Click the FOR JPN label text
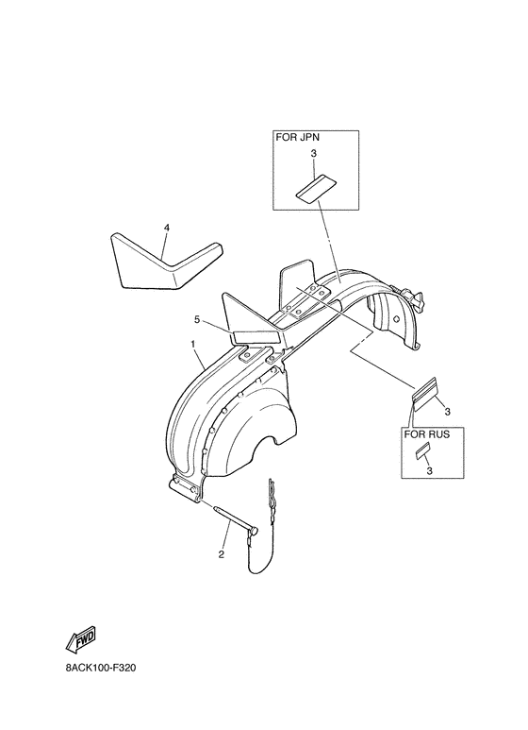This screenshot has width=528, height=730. click(x=298, y=137)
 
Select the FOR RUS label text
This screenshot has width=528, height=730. click(x=427, y=434)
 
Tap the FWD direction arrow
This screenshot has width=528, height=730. click(x=81, y=638)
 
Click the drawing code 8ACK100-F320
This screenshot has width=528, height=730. click(x=100, y=668)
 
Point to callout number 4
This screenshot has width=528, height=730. click(x=166, y=228)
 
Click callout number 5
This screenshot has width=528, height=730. click(x=197, y=319)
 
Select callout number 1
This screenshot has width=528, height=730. click(x=192, y=343)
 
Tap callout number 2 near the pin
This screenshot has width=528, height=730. click(x=222, y=554)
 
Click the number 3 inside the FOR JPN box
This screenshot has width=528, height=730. click(x=313, y=153)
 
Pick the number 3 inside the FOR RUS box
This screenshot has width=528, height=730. click(x=429, y=470)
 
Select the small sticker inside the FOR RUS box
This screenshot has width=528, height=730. click(x=422, y=451)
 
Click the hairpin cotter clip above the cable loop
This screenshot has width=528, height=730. click(x=271, y=495)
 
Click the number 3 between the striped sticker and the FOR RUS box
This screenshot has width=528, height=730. click(x=447, y=412)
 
